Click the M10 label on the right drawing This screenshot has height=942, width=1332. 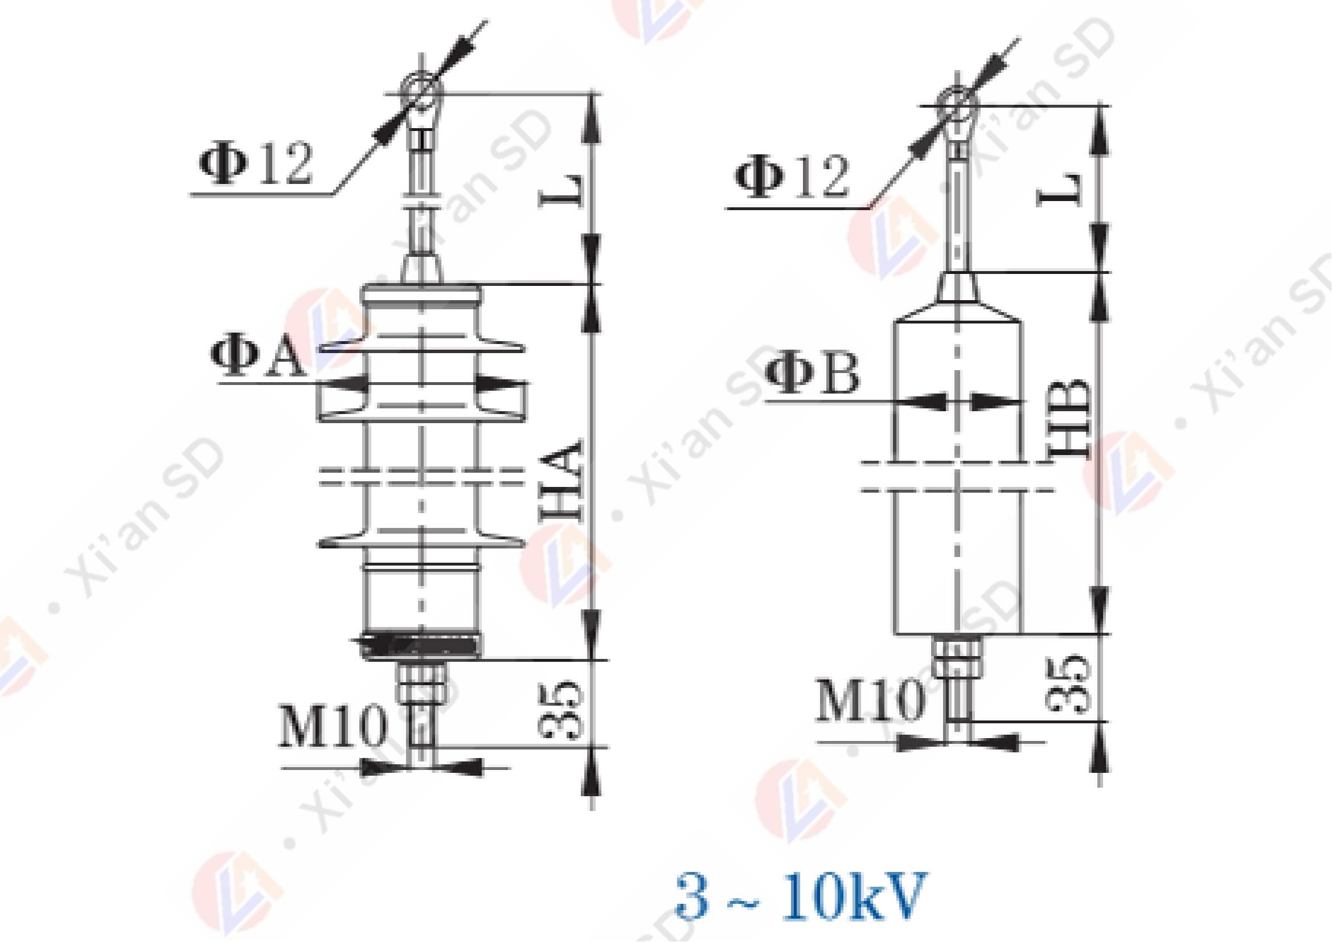[868, 700]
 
